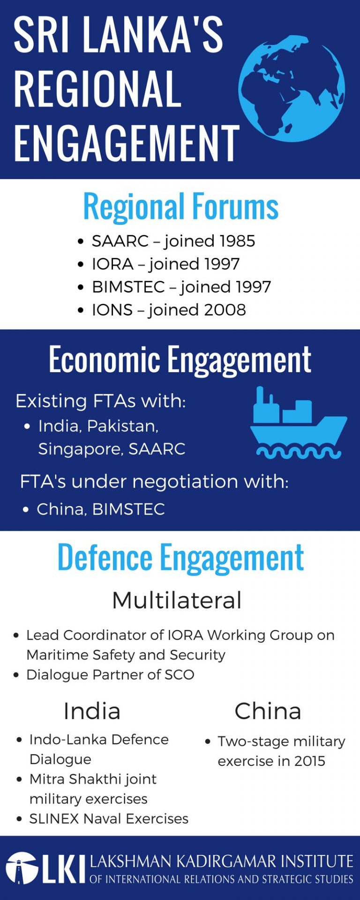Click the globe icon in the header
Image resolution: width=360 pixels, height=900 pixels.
point(292,89)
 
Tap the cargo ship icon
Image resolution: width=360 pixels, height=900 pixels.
point(299,422)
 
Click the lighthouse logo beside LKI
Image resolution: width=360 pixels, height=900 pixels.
point(22,868)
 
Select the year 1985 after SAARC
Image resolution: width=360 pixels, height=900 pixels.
point(232,241)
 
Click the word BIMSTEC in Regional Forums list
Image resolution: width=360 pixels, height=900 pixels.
point(128,287)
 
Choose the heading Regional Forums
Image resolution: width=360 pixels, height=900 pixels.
point(181,206)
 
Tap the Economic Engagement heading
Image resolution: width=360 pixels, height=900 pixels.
point(180,360)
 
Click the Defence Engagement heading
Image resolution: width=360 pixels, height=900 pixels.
point(180,557)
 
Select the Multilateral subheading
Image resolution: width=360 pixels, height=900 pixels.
point(177,600)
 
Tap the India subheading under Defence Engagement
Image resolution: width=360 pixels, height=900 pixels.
point(92,711)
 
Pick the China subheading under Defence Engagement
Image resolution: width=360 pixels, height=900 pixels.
point(268,711)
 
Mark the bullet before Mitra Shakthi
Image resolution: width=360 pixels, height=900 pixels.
point(19,780)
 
